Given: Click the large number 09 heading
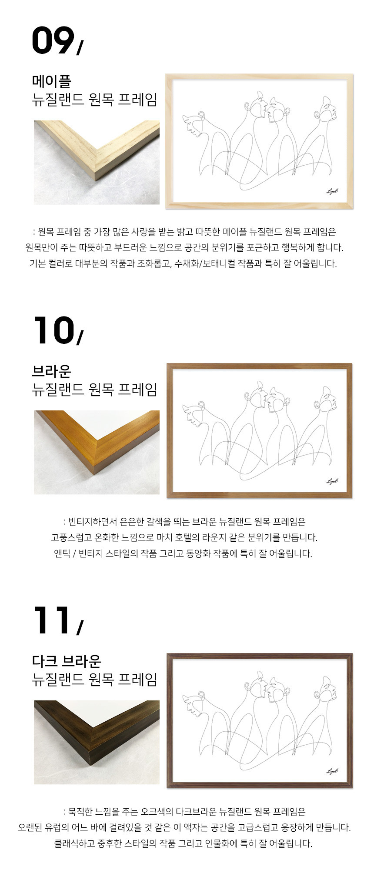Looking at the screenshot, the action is pyautogui.click(x=53, y=40).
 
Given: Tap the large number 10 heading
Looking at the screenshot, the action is pyautogui.click(x=53, y=330).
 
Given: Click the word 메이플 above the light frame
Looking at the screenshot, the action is pyautogui.click(x=52, y=81).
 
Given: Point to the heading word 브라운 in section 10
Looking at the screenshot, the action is pyautogui.click(x=52, y=371).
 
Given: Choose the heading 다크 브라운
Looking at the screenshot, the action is pyautogui.click(x=67, y=660).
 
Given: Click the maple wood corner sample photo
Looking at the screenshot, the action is pyautogui.click(x=97, y=162).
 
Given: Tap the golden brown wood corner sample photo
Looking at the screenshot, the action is pyautogui.click(x=97, y=452).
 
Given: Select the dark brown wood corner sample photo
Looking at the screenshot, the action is pyautogui.click(x=97, y=742).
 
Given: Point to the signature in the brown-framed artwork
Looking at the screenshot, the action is pyautogui.click(x=332, y=481).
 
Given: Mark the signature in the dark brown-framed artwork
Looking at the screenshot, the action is pyautogui.click(x=332, y=771).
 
